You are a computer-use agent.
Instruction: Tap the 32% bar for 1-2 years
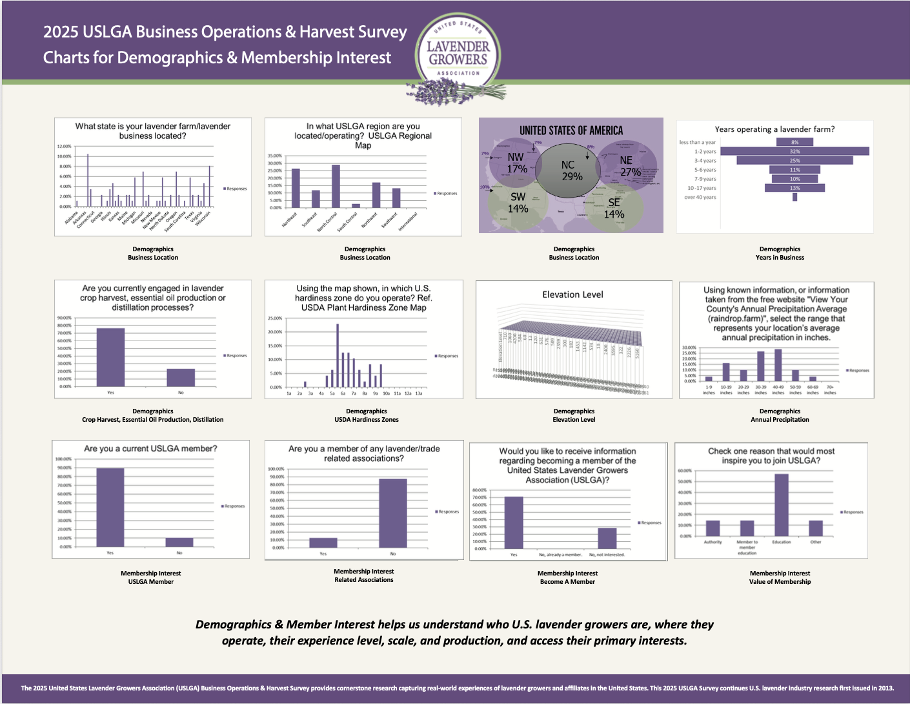click(x=794, y=151)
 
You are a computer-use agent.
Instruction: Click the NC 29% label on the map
click(x=571, y=171)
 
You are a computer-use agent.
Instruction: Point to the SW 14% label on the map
click(x=518, y=202)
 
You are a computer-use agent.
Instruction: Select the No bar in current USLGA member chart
click(x=179, y=542)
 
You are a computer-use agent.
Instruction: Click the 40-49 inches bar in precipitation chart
click(x=778, y=365)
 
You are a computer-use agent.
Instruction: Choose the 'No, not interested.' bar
click(x=607, y=539)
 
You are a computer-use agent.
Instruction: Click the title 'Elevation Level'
click(x=572, y=295)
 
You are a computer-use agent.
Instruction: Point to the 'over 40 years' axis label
click(x=700, y=197)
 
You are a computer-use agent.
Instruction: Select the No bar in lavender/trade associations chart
click(x=392, y=513)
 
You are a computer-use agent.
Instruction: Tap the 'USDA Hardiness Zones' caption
click(x=366, y=420)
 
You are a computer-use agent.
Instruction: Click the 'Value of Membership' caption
click(x=780, y=582)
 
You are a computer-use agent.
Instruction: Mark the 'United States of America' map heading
click(x=571, y=130)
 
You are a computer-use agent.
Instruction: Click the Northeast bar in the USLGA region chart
click(x=296, y=188)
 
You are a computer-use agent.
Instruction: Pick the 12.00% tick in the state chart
click(x=65, y=147)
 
